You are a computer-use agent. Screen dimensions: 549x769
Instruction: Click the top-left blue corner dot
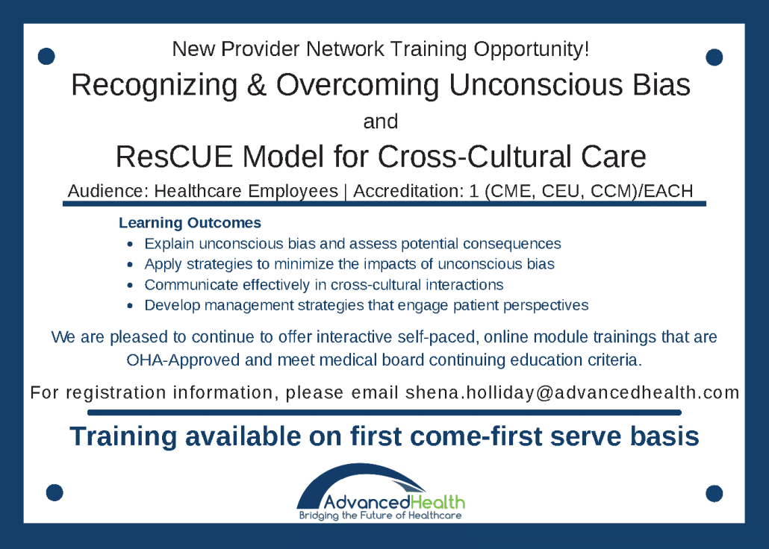[x=46, y=56]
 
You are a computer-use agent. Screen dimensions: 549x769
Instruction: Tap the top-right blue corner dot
[x=714, y=57]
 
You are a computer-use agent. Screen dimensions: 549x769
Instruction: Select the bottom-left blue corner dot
[x=55, y=492]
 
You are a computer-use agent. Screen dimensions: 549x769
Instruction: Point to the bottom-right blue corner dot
[x=714, y=493]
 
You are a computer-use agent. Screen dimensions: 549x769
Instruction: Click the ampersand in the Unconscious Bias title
[x=257, y=86]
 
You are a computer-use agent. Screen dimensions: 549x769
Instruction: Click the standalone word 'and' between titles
[x=381, y=121]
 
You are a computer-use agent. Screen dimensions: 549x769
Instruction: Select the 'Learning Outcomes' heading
[x=190, y=223]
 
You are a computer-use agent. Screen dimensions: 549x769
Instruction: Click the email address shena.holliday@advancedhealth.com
[x=572, y=392]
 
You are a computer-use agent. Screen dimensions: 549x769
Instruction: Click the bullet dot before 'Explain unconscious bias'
[x=131, y=244]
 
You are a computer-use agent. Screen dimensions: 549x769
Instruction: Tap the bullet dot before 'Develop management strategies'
[x=131, y=305]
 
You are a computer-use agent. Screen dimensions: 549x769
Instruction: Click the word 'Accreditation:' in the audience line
[x=404, y=191]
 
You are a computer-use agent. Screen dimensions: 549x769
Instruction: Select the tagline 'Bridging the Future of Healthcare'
[x=380, y=515]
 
